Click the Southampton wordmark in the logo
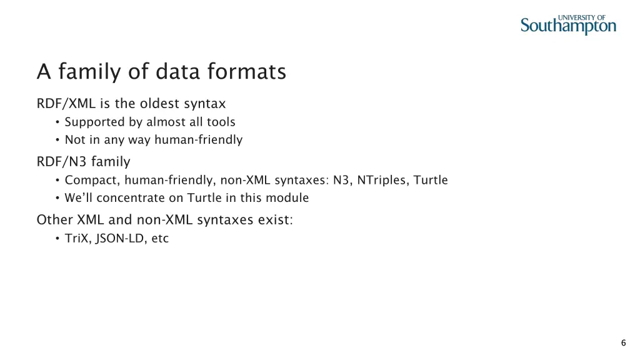pyautogui.click(x=568, y=26)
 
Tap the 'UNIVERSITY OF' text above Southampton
pyautogui.click(x=581, y=17)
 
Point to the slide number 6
pyautogui.click(x=623, y=342)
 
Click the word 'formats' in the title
pyautogui.click(x=252, y=72)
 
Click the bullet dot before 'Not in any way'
pyautogui.click(x=57, y=140)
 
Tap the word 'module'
pyautogui.click(x=289, y=198)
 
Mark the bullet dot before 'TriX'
pyautogui.click(x=57, y=238)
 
